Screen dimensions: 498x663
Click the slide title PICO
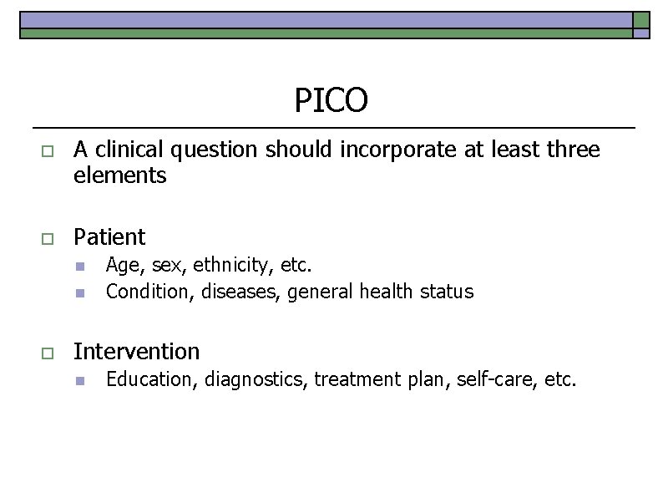331,100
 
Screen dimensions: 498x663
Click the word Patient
109,237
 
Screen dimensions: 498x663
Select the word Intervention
137,351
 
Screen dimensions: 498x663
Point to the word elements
120,176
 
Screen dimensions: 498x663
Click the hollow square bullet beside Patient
47,239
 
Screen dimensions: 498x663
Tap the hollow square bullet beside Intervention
47,353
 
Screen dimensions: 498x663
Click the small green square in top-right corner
641,20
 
